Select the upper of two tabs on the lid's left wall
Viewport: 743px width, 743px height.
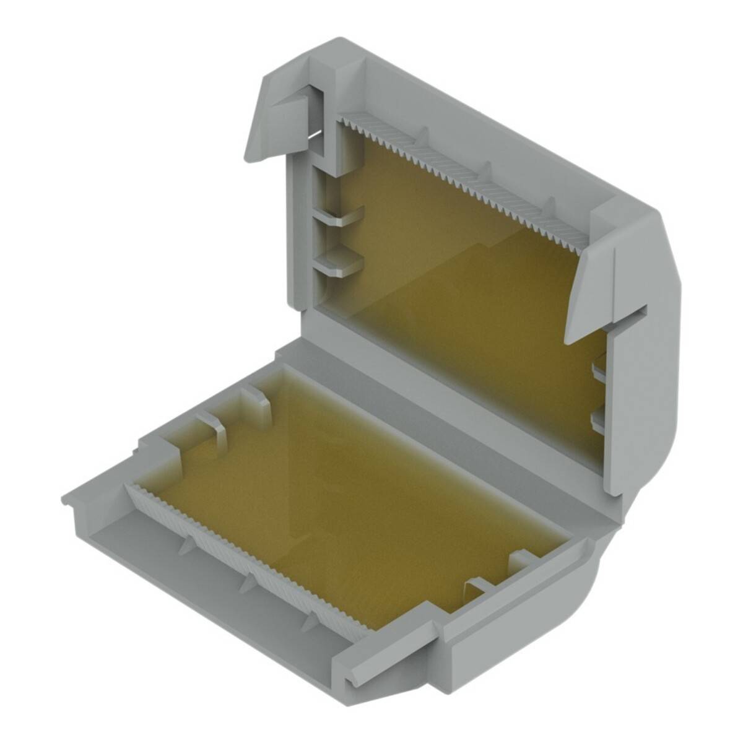(341, 217)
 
